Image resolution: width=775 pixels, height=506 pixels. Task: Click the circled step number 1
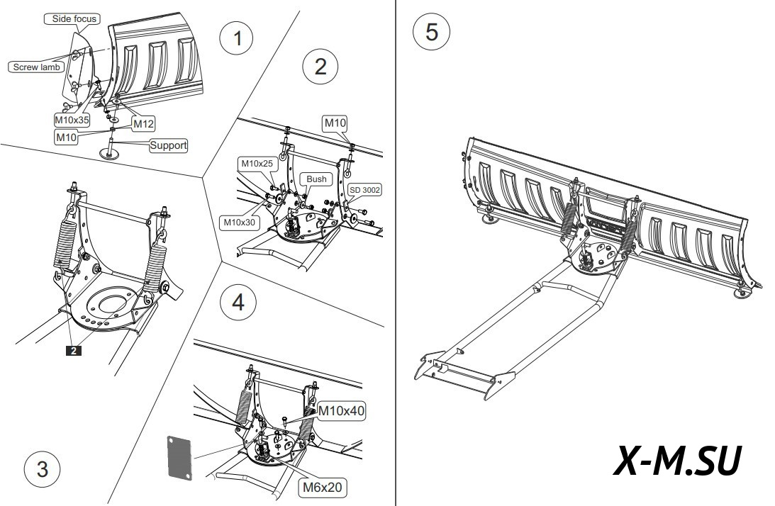click(237, 39)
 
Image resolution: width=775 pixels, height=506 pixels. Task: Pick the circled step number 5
click(430, 33)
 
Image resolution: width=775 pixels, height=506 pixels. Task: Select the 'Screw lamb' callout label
click(36, 67)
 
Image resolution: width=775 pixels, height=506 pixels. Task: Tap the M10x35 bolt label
click(71, 121)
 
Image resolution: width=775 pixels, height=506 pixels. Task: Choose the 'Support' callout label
click(168, 146)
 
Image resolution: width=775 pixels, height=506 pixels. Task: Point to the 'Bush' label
click(316, 179)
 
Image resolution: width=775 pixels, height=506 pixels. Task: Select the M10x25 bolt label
click(257, 164)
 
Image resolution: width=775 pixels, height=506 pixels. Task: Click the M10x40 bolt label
click(342, 410)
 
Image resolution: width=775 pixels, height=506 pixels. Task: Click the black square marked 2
click(72, 349)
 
